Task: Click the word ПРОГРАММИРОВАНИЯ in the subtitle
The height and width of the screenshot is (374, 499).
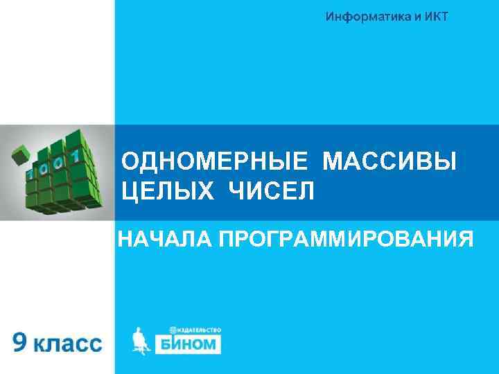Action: [x=347, y=240]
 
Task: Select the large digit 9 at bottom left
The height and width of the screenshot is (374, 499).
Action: [x=21, y=343]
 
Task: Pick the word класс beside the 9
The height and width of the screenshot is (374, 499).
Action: [x=68, y=344]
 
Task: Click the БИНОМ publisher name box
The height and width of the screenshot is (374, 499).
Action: [x=186, y=344]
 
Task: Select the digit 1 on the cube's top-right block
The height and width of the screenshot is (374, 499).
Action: [x=89, y=148]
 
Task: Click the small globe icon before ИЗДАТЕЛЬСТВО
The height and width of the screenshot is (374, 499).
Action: [x=172, y=330]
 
